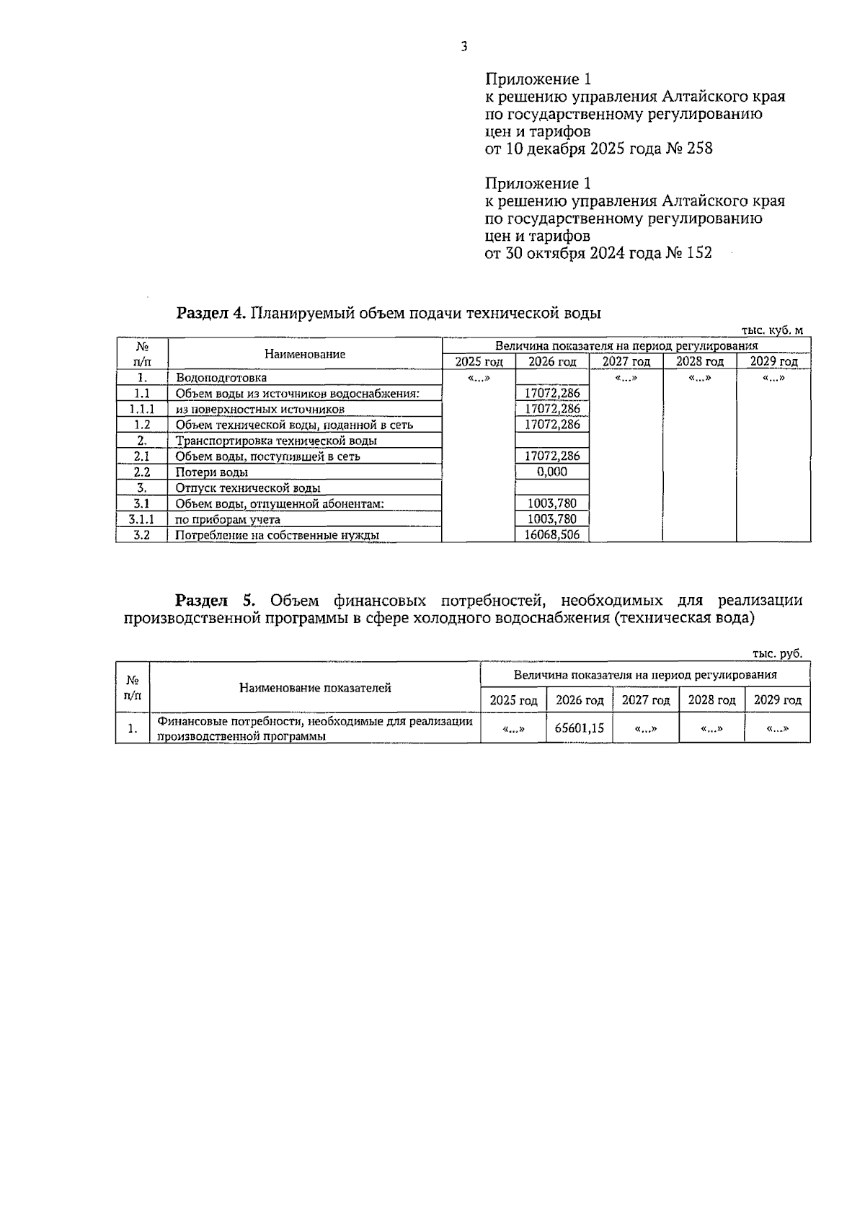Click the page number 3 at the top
click(463, 47)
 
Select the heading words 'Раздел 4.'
click(212, 313)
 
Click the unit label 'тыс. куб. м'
click(772, 330)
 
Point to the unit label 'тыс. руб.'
click(777, 653)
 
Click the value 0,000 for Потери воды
click(552, 472)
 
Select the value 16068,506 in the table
click(552, 534)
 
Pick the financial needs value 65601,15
click(580, 728)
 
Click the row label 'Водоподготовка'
click(221, 378)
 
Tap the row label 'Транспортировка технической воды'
click(276, 441)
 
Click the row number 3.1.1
click(141, 518)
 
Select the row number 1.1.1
click(141, 409)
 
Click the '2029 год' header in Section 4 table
click(773, 362)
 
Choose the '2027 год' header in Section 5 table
click(646, 700)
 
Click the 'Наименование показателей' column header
click(315, 687)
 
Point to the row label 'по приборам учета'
click(228, 519)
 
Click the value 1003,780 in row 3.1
click(552, 503)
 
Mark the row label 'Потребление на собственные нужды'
click(278, 535)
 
